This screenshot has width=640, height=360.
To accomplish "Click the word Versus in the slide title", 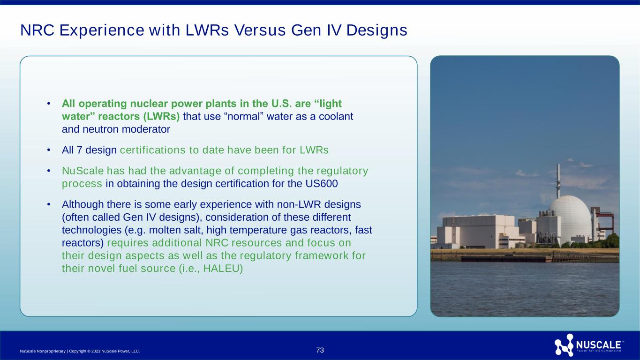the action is [260, 30].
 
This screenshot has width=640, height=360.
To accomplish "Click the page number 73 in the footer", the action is [320, 350].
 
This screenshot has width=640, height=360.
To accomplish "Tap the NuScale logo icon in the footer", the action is [564, 345].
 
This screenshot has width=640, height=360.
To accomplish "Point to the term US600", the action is [322, 183].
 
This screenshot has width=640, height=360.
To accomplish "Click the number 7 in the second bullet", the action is [80, 150].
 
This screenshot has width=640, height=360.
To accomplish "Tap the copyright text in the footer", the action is [80, 351].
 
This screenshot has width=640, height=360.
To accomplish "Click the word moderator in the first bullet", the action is [146, 129].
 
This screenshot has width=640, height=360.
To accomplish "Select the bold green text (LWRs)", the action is [161, 117].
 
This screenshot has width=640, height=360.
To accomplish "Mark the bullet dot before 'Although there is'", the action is [49, 204].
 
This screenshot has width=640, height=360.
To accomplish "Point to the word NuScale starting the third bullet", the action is [83, 171].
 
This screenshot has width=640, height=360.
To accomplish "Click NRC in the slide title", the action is [37, 30].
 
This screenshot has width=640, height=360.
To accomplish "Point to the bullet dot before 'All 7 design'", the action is [49, 150].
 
